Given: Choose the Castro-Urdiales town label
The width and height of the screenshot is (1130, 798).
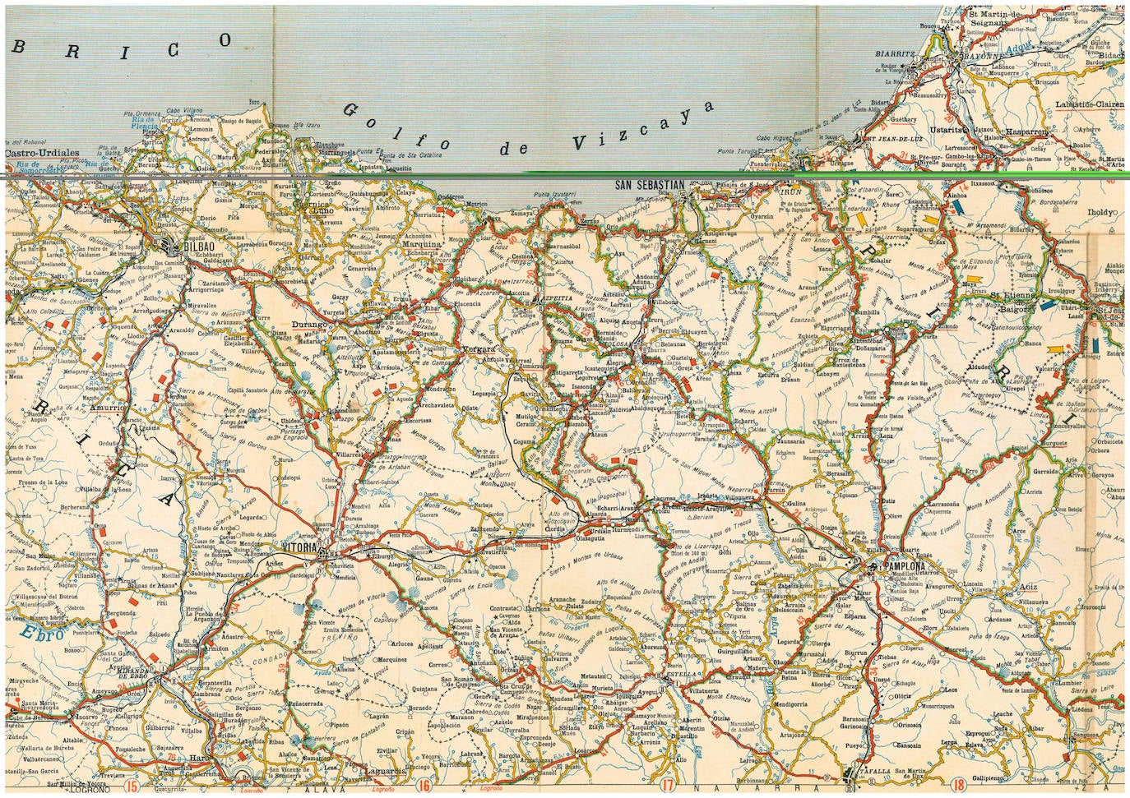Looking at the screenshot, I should [x=41, y=153].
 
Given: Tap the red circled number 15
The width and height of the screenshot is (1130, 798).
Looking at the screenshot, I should [x=132, y=786].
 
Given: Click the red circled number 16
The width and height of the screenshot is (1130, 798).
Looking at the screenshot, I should [x=424, y=786].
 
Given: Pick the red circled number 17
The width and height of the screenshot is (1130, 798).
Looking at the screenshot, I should [x=667, y=786].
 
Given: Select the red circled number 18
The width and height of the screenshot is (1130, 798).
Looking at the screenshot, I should [x=959, y=786].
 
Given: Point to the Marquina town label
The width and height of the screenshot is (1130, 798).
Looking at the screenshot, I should [x=421, y=244].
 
